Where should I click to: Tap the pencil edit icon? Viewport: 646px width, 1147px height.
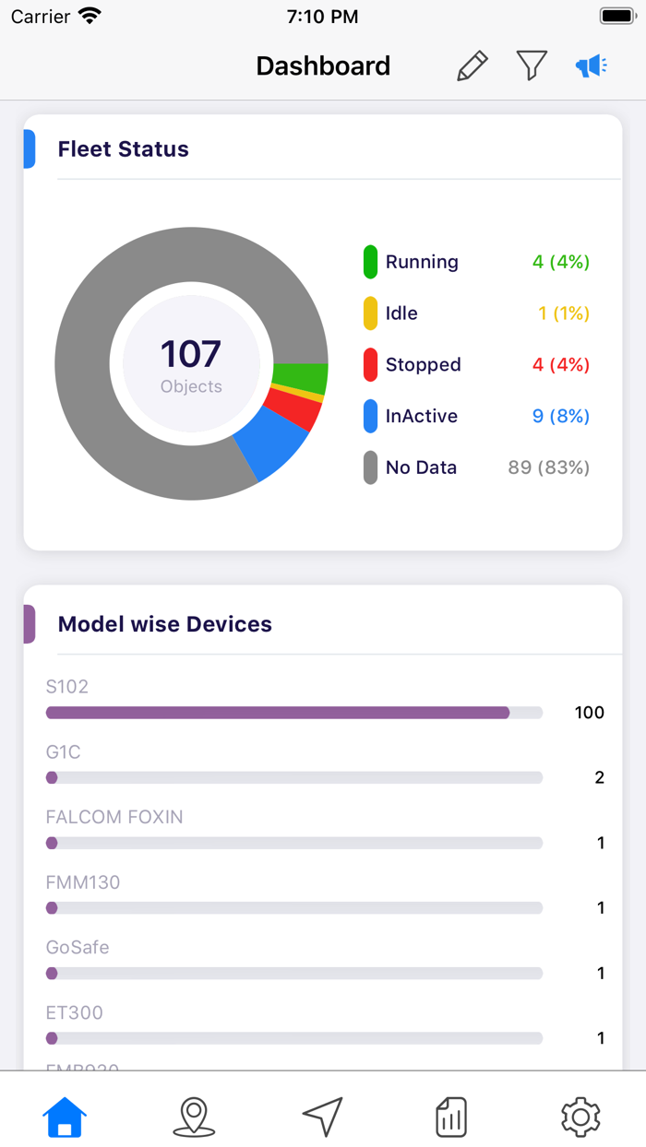point(473,66)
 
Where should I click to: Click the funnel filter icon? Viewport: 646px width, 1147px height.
point(532,65)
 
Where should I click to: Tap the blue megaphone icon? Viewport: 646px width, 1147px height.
point(591,65)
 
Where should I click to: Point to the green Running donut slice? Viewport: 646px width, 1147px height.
point(300,378)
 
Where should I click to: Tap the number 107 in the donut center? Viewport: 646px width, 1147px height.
point(191,354)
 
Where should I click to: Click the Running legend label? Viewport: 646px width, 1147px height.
point(422,262)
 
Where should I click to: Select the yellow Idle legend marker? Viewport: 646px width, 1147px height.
point(370,313)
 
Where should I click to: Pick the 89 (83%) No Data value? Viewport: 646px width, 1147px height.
point(548,467)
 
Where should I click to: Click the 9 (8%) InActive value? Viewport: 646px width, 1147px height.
point(560,416)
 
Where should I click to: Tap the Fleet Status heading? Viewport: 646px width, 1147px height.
point(123,149)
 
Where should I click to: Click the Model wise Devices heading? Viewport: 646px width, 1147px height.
point(165,624)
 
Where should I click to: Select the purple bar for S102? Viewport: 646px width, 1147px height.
point(277,713)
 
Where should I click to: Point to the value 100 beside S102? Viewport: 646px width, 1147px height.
point(589,713)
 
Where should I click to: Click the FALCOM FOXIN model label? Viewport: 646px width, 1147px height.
point(114,817)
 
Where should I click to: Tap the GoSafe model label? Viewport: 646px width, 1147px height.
point(78,947)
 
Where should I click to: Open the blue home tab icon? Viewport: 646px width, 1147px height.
point(65,1117)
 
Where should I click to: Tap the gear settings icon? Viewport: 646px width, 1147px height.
point(580,1117)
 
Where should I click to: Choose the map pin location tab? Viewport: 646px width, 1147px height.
point(194,1117)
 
